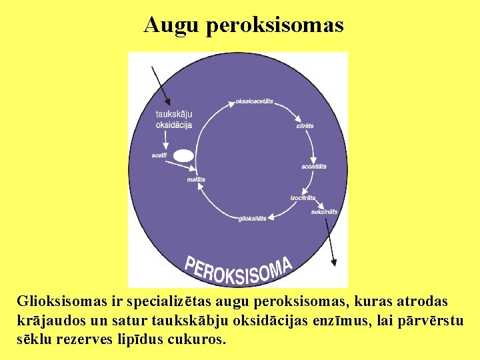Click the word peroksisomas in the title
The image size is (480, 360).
point(275,25)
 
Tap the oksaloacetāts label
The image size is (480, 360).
point(254,101)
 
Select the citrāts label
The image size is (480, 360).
point(305,126)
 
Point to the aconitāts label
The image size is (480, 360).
point(314,166)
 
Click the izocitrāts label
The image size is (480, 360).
point(303,198)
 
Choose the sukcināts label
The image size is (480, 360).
point(324,212)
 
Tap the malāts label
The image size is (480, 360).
point(196,179)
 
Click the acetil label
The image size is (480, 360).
point(159,155)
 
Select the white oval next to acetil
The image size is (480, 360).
point(183,156)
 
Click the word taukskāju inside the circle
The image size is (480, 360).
point(174,115)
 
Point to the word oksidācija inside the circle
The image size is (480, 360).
point(174,125)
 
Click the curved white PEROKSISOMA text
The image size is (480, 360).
point(239,268)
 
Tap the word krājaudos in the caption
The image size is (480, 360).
point(47,320)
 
